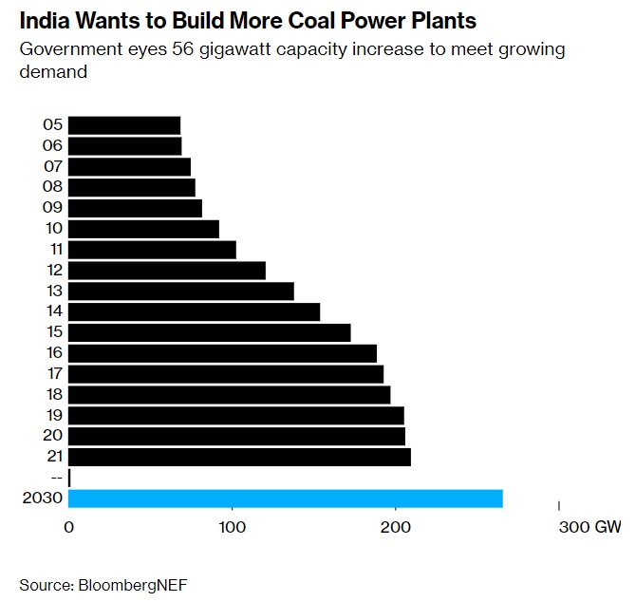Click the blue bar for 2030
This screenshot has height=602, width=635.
pos(286,499)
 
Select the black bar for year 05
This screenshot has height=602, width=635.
pos(124,125)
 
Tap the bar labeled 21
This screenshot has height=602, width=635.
pos(239,457)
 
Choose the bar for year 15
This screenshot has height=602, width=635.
pos(210,332)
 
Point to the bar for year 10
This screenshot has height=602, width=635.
pos(143,229)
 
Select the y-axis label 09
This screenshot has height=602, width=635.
pos(53,208)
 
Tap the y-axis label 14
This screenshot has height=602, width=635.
pos(53,311)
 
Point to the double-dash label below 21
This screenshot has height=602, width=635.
pos(55,478)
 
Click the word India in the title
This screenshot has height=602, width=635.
pos(44,20)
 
